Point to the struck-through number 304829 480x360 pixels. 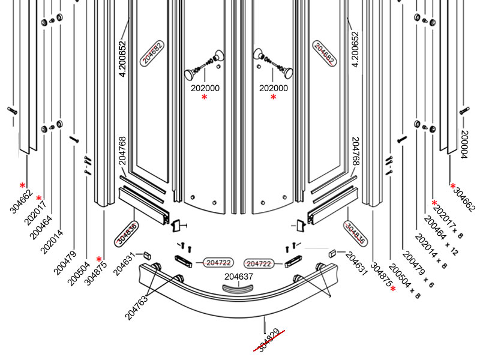(x=268, y=340)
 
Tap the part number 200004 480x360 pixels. (x=464, y=144)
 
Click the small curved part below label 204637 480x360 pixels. (x=239, y=289)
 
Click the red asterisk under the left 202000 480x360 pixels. (x=205, y=97)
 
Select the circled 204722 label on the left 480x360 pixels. (x=218, y=263)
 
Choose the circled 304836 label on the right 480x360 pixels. (x=354, y=232)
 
